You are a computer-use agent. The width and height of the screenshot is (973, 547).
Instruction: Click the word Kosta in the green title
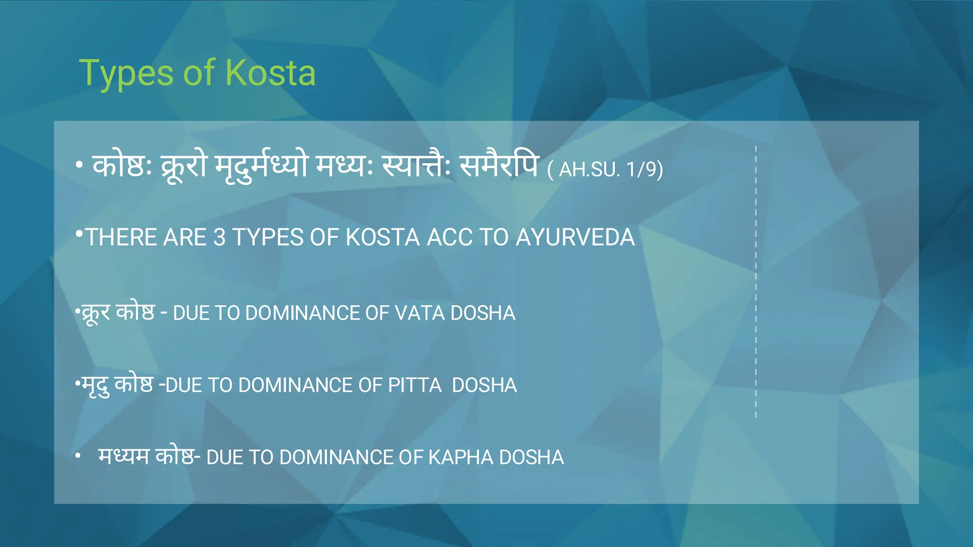pyautogui.click(x=270, y=73)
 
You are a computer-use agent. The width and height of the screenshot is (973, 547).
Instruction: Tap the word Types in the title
pyautogui.click(x=126, y=74)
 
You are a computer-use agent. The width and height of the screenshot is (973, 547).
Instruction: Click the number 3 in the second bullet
pyautogui.click(x=219, y=237)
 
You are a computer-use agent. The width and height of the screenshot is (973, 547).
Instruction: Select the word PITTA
pyautogui.click(x=415, y=386)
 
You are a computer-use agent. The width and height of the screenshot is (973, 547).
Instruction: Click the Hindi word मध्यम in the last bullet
pyautogui.click(x=124, y=457)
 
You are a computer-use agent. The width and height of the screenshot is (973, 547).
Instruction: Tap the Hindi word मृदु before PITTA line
pyautogui.click(x=95, y=386)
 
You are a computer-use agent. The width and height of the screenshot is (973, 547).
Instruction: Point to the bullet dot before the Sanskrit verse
pyautogui.click(x=79, y=165)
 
